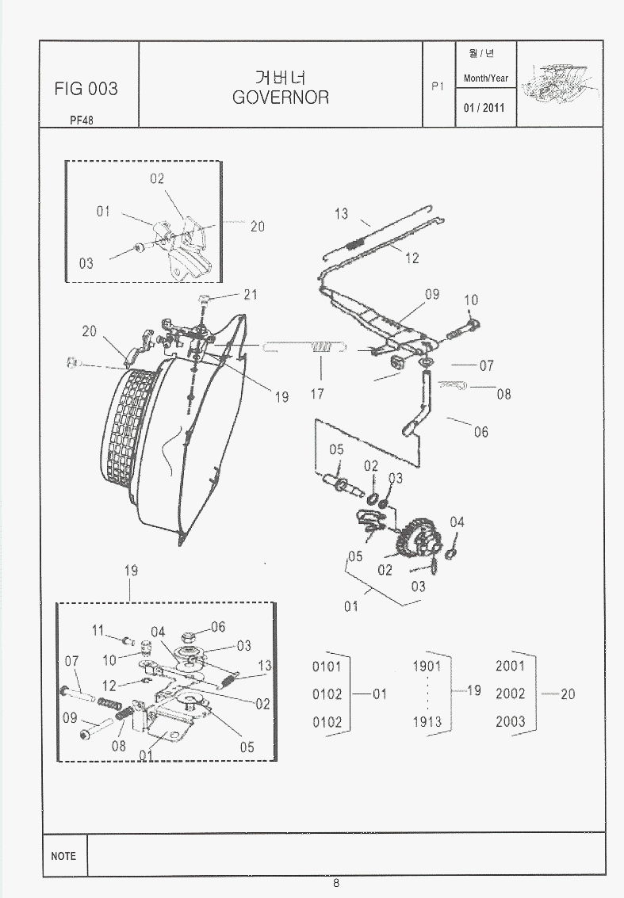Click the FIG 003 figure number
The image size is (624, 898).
click(86, 89)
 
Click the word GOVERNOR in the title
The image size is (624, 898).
click(281, 97)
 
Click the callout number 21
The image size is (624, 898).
click(251, 295)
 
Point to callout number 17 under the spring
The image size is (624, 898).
click(317, 393)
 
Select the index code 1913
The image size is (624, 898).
click(427, 722)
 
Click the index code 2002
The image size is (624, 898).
click(510, 694)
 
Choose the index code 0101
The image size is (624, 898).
click(327, 667)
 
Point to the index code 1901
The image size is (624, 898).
click(427, 667)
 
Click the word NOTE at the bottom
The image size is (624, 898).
click(63, 856)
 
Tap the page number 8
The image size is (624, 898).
click(336, 884)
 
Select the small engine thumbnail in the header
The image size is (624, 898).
click(561, 83)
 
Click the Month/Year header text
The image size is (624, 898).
click(486, 78)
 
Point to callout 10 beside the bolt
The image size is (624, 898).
click(471, 300)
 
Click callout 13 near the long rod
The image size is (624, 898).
click(341, 214)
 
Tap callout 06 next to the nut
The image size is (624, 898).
click(218, 627)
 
